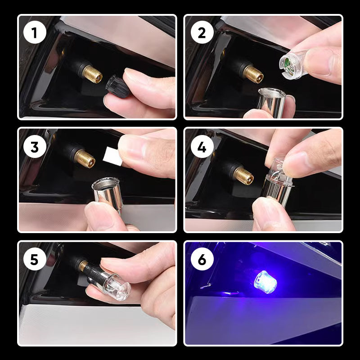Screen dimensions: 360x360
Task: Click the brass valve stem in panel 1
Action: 92,74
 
